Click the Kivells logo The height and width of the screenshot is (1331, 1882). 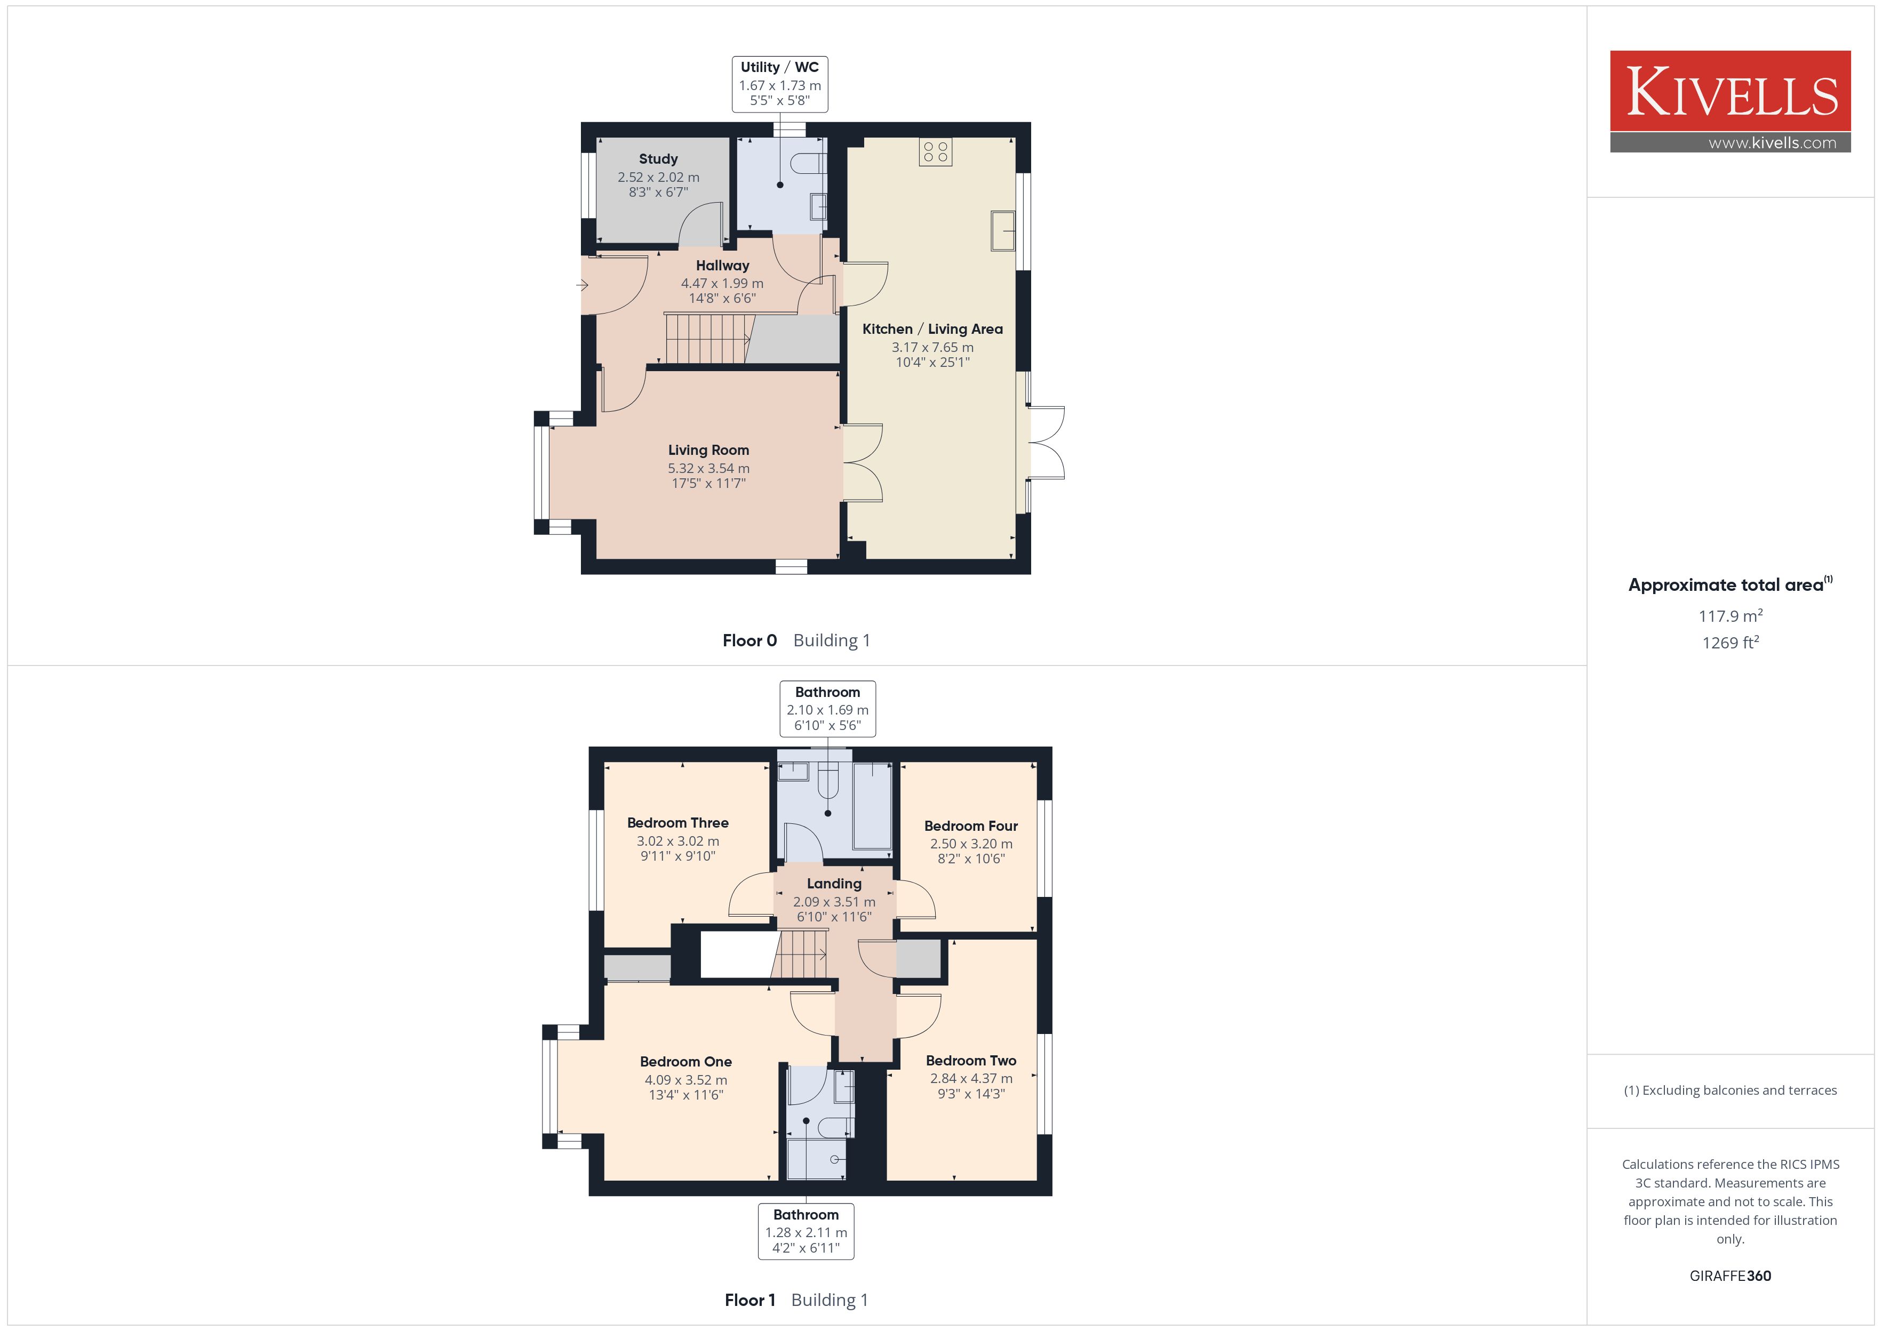click(1731, 102)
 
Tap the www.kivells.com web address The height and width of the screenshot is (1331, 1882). click(1772, 142)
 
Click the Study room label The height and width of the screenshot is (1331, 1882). click(658, 159)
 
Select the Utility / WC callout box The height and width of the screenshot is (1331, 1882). click(779, 84)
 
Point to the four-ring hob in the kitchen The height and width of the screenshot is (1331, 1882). click(935, 151)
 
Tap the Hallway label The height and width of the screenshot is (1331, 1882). click(722, 266)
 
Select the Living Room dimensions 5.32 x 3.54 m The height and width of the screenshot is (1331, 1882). click(708, 468)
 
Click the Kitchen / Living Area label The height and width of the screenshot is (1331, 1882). click(932, 328)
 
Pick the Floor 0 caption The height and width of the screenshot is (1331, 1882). click(749, 640)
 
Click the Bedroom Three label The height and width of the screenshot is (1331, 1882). click(678, 823)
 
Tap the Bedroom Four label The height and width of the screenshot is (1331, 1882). click(970, 826)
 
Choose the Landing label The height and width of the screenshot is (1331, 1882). click(834, 884)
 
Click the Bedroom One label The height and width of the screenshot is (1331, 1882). click(685, 1061)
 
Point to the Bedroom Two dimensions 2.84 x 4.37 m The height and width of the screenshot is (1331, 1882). click(970, 1079)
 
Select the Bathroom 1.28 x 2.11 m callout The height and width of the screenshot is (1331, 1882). click(806, 1231)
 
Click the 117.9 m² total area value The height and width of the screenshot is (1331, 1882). click(1731, 615)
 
